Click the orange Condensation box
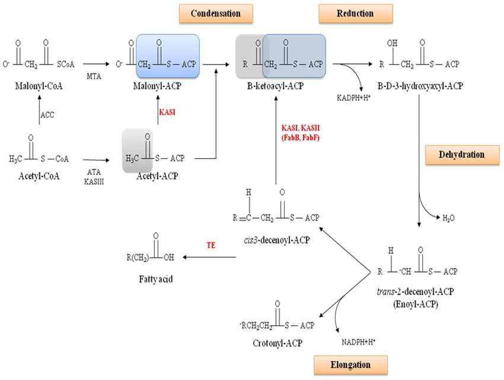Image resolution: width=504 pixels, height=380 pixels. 216,14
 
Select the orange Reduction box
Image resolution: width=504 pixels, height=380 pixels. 356,14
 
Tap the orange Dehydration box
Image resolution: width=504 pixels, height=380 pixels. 462,155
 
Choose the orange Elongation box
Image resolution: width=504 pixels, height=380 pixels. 350,365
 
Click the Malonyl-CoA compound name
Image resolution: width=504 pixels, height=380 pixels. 39,86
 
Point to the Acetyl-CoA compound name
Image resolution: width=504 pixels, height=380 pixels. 39,176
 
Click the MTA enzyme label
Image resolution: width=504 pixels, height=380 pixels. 94,76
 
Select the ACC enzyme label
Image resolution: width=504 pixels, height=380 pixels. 47,115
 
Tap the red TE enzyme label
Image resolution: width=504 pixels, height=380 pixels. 211,245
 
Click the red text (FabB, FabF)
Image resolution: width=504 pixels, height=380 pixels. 301,138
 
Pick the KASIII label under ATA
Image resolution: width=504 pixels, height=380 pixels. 94,181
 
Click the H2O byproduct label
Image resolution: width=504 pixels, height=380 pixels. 448,218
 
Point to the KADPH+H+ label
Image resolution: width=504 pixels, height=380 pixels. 354,98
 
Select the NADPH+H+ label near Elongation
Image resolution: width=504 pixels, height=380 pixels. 358,341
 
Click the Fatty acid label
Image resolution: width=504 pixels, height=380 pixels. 156,279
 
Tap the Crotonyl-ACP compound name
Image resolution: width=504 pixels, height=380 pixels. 277,343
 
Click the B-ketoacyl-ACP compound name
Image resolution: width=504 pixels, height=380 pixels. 276,86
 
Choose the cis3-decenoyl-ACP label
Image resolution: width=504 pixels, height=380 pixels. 277,240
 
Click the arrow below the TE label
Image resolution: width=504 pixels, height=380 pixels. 209,257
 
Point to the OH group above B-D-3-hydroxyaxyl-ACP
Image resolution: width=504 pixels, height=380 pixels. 392,43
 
